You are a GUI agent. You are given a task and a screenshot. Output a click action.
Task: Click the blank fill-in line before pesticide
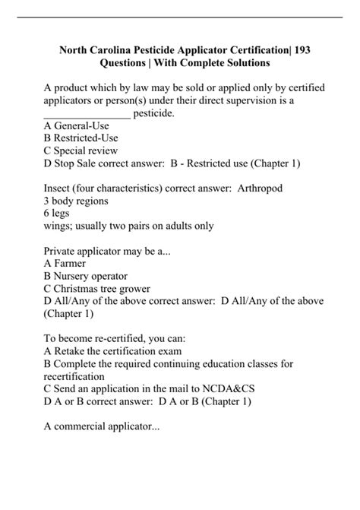(x=87, y=113)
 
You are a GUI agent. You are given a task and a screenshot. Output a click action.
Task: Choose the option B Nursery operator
(x=86, y=275)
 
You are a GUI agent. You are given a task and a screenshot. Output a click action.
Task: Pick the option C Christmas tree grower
(x=96, y=287)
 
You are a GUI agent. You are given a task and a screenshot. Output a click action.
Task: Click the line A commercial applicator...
(x=102, y=425)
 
